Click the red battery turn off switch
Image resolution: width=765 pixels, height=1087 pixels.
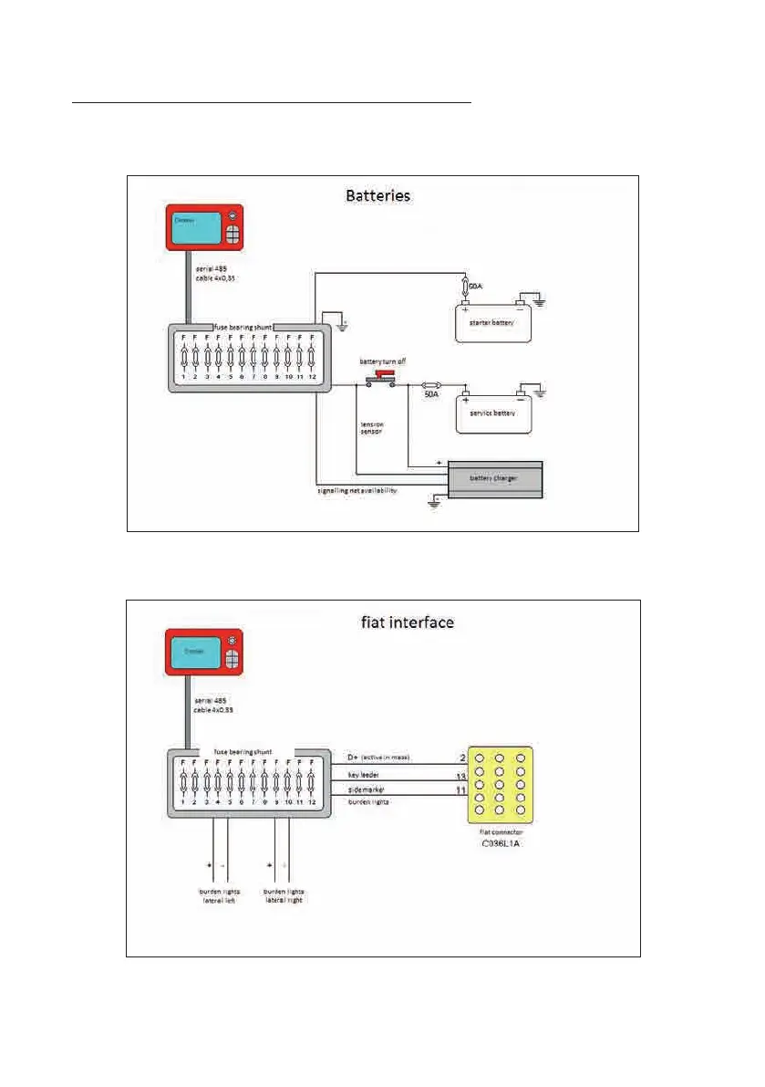(383, 377)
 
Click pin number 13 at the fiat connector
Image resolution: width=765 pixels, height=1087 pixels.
(461, 777)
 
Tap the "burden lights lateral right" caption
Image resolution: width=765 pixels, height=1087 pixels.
(284, 895)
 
